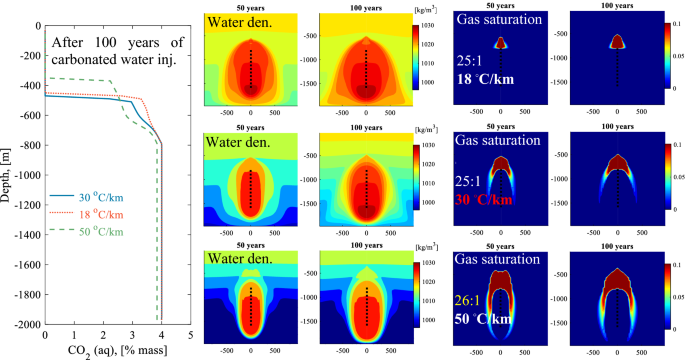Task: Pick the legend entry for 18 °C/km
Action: point(99,214)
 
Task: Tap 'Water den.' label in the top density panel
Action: point(240,21)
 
